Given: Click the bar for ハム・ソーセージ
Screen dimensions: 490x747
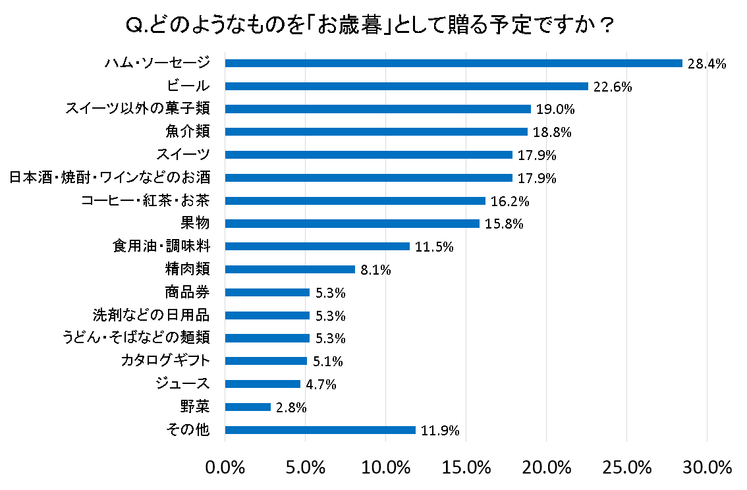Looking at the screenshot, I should click(453, 63).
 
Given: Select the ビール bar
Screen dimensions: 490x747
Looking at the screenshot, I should click(406, 86).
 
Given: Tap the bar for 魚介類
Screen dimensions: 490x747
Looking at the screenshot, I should click(376, 132).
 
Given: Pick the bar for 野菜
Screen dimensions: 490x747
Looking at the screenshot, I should click(248, 407).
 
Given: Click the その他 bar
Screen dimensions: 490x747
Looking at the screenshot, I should click(320, 430).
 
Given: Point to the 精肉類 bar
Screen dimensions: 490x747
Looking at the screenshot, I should click(290, 269).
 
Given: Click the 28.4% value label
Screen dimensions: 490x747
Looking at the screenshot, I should click(706, 64).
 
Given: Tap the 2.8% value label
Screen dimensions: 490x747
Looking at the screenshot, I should click(291, 408).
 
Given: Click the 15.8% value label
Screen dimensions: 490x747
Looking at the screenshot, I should click(504, 224).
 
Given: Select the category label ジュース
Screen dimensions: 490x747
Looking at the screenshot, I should click(182, 384).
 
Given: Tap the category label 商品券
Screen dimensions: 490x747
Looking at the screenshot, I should click(187, 292).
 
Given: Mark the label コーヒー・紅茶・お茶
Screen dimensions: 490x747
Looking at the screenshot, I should click(145, 201).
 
